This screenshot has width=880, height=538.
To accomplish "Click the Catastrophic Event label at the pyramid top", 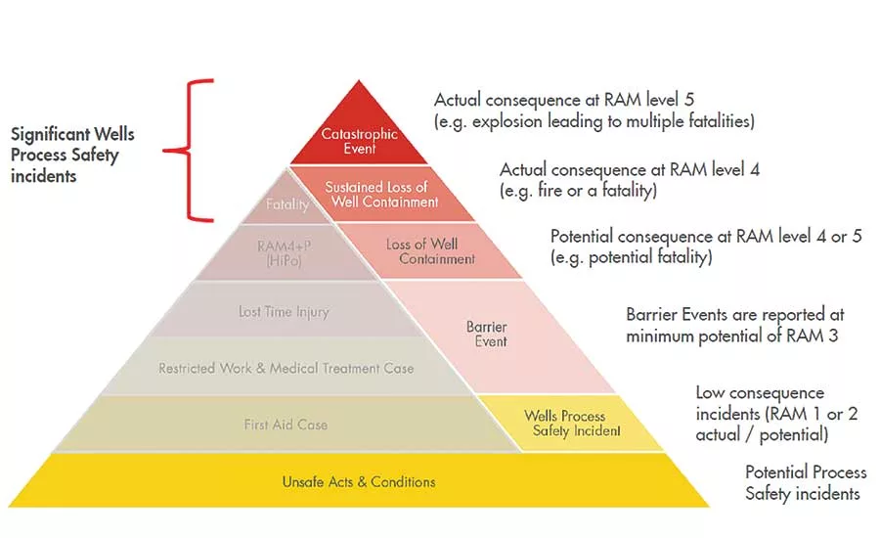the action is point(359,141).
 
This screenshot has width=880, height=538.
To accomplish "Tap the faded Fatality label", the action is point(287,204).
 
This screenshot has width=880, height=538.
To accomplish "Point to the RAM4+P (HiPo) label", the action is point(284,253).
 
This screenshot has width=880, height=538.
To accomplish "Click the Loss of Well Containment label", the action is point(430,251).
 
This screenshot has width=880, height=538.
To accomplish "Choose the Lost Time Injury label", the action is point(284,312).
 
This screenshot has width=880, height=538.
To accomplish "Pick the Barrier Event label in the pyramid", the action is point(487,334).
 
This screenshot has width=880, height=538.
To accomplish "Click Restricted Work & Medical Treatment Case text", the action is point(286,368).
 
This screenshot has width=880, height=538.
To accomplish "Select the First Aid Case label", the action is point(286,425).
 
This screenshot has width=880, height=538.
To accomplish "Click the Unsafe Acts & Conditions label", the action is point(359,482).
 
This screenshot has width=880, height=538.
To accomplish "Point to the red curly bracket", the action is point(189,150).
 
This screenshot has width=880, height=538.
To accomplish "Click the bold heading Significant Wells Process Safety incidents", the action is point(72,155).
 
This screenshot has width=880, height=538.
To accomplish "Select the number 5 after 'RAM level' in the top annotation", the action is point(688,100).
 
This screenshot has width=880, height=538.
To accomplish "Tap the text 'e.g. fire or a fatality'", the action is point(578,191).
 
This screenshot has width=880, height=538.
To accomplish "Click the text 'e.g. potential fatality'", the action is point(632,257).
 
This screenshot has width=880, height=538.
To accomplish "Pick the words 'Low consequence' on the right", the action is point(760,392).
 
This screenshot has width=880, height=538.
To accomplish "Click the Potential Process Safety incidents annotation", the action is point(806,483).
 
